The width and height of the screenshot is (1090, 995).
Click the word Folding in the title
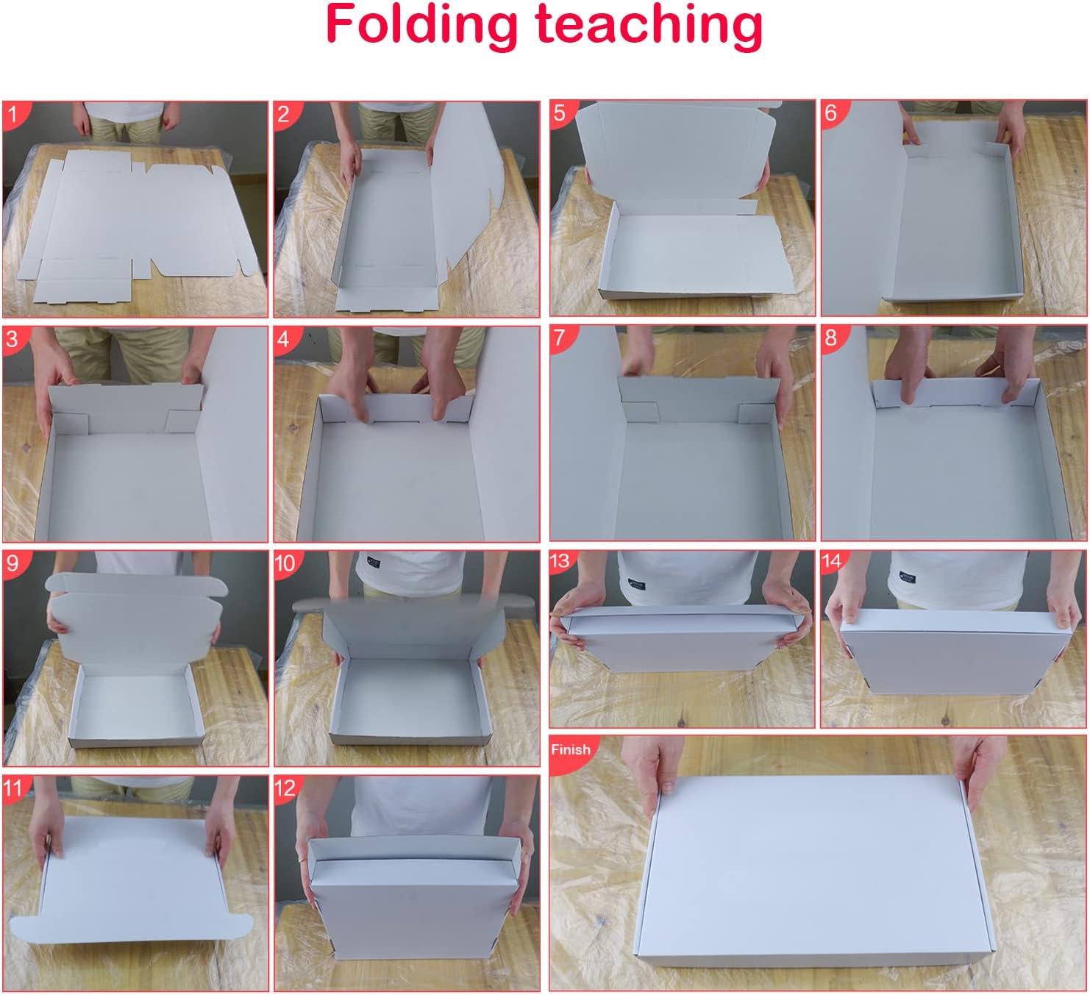(421, 26)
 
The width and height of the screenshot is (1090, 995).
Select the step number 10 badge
(287, 563)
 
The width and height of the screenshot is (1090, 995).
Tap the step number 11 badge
(15, 788)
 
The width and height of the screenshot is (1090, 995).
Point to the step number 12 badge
(287, 788)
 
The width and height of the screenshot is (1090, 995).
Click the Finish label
(571, 749)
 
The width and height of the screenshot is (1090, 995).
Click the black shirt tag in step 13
(636, 584)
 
